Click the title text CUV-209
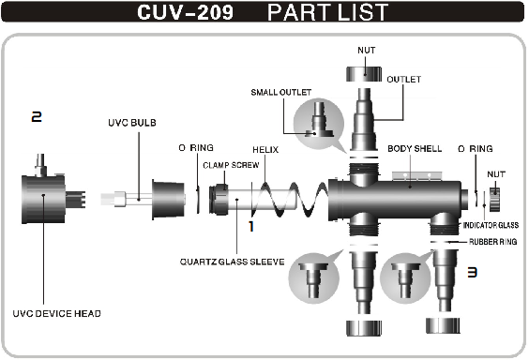185,12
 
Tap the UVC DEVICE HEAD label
56,314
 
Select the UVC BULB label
132,123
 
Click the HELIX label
265,150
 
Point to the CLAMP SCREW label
231,165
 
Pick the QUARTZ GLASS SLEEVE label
232,262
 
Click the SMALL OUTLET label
281,93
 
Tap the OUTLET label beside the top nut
404,80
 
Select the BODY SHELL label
415,149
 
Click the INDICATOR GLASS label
491,225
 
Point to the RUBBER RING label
493,242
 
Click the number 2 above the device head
37,117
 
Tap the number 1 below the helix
251,227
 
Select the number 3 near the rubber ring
472,272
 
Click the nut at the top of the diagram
364,74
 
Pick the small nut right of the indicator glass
494,199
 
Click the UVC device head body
44,199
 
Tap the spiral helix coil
290,200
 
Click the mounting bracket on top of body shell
416,176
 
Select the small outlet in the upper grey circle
319,120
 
